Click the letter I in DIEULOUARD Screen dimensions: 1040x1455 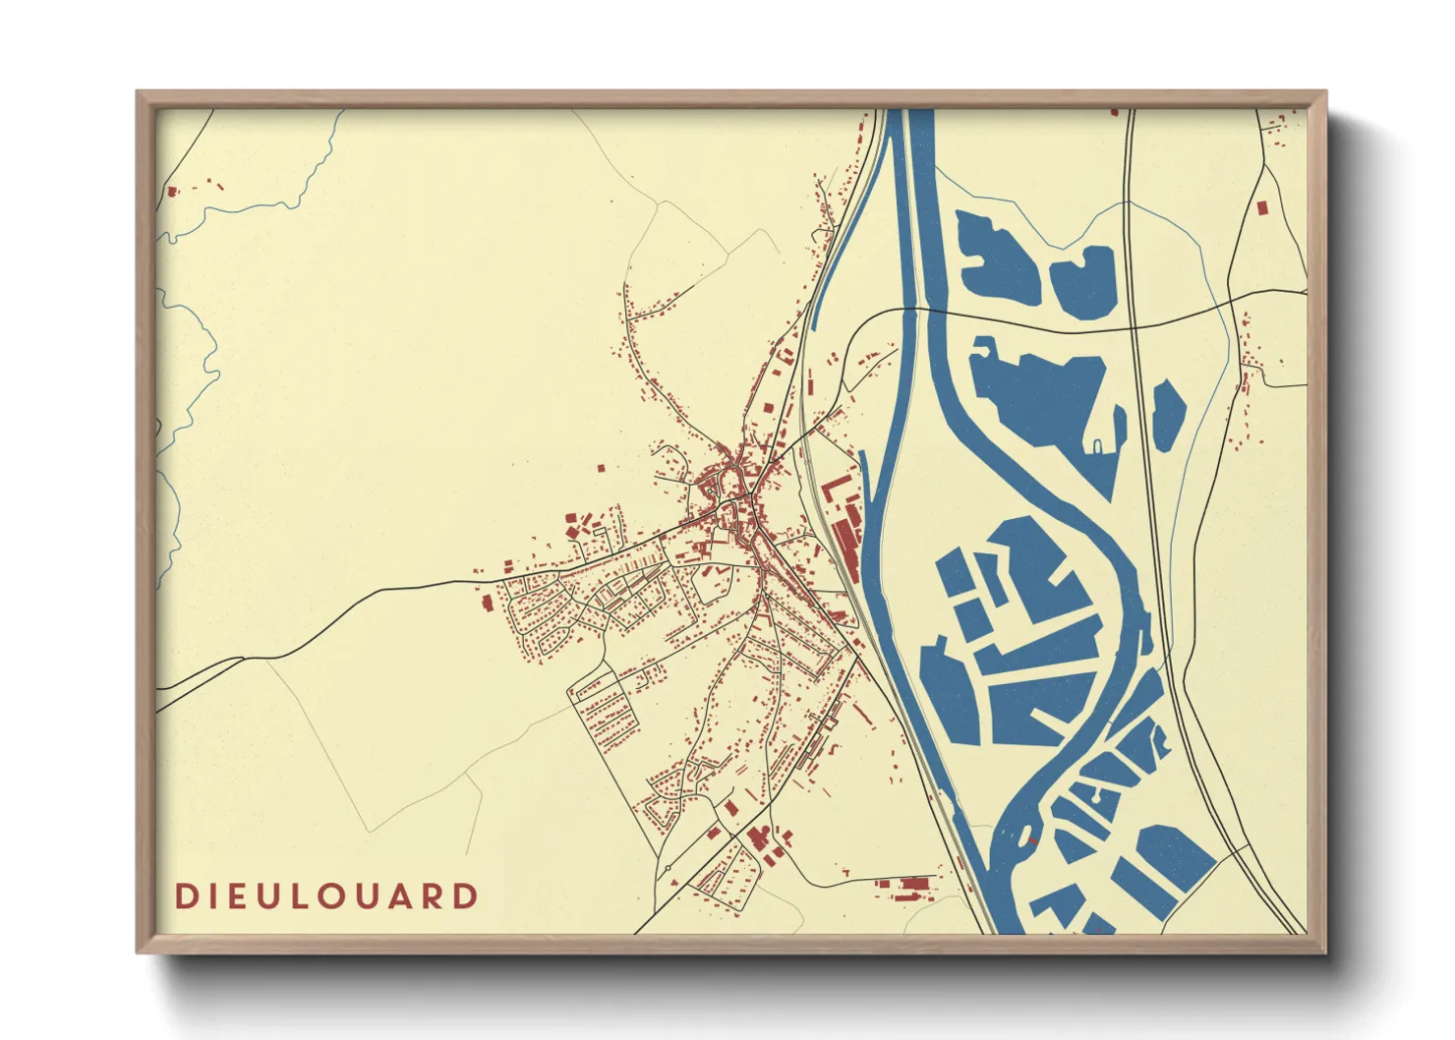coord(208,896)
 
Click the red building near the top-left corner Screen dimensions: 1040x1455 coord(172,192)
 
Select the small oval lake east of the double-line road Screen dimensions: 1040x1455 coord(1168,415)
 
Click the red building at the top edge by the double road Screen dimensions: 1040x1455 coord(1115,112)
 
